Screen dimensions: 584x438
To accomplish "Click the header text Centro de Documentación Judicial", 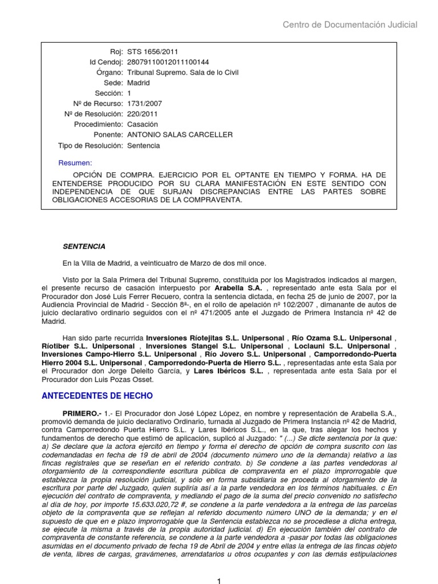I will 350,25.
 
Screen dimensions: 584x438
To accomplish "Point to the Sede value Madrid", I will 139,83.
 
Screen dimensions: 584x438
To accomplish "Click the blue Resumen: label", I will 75,164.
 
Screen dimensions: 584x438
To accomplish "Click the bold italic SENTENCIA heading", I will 84,246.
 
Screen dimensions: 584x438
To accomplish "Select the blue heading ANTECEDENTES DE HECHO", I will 98,396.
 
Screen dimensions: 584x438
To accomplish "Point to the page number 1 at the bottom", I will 218,580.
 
